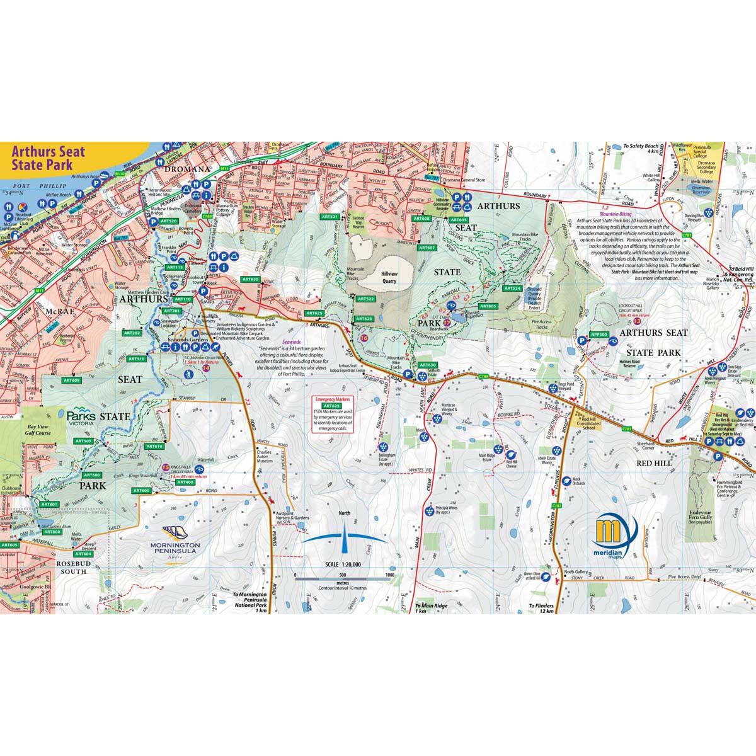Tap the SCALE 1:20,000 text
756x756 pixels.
343,565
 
